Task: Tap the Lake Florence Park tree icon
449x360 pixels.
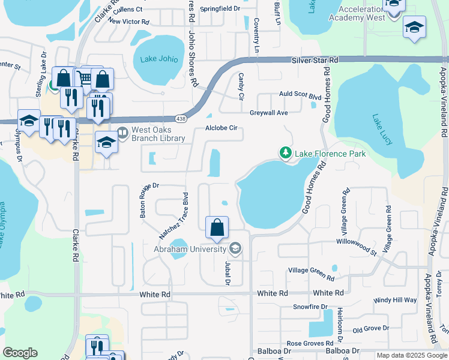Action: click(286, 154)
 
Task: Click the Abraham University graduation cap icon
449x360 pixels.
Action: click(235, 249)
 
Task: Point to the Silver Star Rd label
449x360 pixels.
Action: click(315, 60)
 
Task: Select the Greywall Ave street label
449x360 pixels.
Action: click(269, 112)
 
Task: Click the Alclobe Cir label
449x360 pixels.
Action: click(222, 128)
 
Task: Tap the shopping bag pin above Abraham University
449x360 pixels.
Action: click(217, 227)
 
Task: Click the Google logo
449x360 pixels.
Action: click(20, 353)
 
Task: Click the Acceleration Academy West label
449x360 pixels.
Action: click(357, 13)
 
